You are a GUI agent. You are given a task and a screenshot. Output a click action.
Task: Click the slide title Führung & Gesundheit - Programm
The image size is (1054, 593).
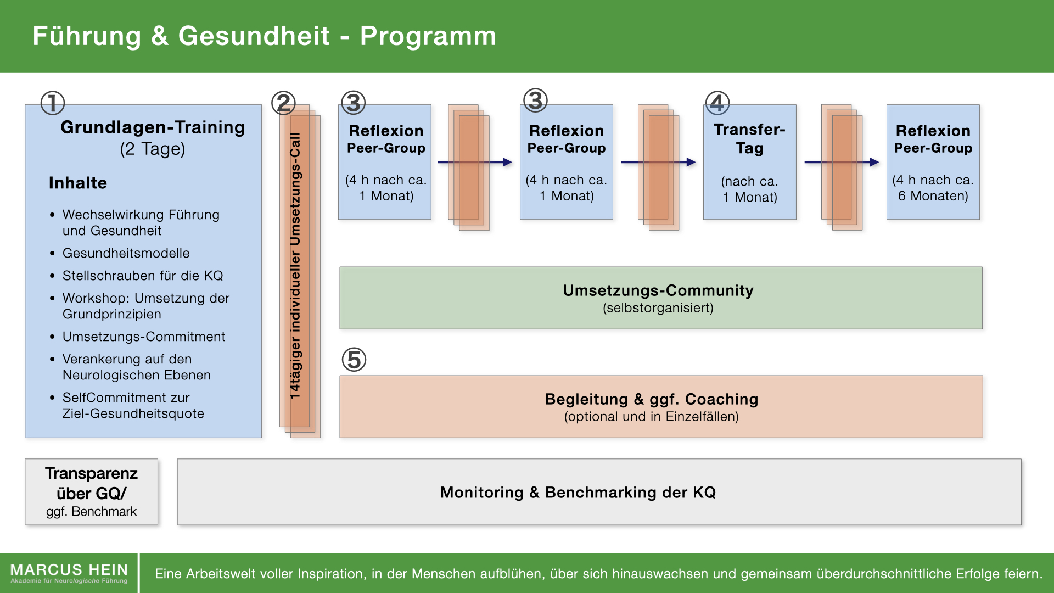pos(264,36)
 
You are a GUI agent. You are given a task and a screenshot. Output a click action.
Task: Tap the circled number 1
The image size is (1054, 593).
pos(53,103)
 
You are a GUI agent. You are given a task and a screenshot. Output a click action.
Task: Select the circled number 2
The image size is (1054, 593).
pos(283,103)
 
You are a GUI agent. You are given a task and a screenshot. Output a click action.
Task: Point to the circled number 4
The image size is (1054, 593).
pos(717,103)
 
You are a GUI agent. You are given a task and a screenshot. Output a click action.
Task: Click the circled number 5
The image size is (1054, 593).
pos(354,360)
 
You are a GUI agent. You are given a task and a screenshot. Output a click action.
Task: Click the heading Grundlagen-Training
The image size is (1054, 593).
pos(153,127)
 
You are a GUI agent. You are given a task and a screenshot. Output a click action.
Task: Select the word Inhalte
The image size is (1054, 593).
pos(78,183)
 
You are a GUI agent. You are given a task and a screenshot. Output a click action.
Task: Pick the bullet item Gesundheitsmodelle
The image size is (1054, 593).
pos(126,253)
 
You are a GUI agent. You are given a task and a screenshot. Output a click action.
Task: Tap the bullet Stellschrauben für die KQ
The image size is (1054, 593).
pos(142,276)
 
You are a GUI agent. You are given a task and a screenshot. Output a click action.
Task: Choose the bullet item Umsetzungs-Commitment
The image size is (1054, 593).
pos(143,337)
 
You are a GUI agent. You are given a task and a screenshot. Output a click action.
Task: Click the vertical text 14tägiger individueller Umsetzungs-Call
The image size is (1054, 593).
pos(295,266)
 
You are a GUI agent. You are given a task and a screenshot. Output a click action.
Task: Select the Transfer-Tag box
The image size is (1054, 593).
pos(750,162)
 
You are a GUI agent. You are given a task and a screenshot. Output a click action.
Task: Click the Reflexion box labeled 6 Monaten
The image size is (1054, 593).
pos(933,162)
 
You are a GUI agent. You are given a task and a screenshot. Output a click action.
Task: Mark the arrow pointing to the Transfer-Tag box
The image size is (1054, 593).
pos(659,162)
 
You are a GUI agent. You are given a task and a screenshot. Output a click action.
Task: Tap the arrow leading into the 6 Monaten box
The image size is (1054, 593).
pos(842,162)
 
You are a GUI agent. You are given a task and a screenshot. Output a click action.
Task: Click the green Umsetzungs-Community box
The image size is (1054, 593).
pos(661,298)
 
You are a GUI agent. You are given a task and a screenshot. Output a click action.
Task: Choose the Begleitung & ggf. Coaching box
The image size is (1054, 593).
pos(661,407)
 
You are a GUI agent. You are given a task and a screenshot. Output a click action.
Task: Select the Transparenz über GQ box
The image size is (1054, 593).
pos(92,492)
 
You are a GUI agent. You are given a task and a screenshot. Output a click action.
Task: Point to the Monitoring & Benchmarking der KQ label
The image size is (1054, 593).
pos(578,493)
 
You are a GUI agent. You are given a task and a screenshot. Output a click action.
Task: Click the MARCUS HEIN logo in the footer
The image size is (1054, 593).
pos(69,573)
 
